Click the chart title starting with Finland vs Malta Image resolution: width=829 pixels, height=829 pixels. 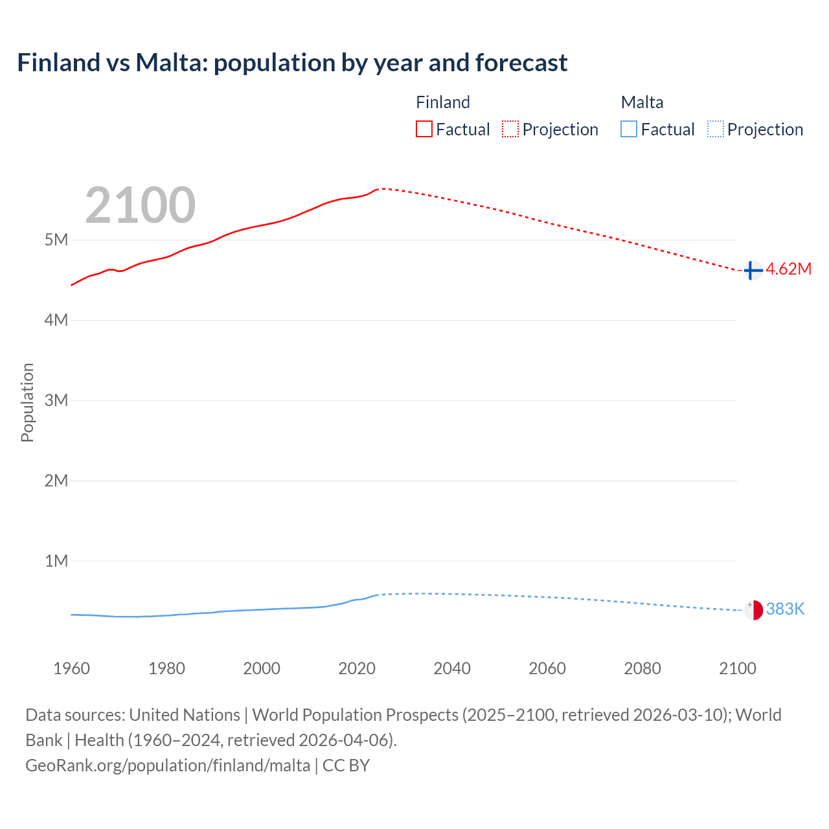click(292, 63)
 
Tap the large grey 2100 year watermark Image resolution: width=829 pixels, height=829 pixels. click(140, 205)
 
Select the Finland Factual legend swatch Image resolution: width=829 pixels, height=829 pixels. click(424, 129)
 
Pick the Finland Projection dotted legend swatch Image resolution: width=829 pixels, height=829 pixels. click(510, 129)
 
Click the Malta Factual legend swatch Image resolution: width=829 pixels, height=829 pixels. click(628, 129)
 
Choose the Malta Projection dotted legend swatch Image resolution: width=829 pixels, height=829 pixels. click(715, 129)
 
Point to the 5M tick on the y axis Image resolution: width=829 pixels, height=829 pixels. click(56, 240)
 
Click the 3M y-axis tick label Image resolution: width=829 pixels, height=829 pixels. click(56, 400)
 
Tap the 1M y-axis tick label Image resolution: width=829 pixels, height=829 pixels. click(56, 561)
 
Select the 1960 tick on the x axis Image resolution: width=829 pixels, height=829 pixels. click(71, 668)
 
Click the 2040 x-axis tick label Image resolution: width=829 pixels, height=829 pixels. click(452, 668)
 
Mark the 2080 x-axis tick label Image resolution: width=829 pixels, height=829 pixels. click(642, 668)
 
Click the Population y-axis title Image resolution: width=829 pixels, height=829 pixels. click(27, 402)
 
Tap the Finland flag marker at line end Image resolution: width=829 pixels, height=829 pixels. click(753, 270)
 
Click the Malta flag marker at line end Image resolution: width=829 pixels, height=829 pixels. click(753, 609)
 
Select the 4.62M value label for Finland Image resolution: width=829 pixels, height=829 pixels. click(788, 269)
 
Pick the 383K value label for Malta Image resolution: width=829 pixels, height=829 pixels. click(785, 609)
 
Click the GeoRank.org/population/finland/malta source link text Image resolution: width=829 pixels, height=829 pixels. click(168, 766)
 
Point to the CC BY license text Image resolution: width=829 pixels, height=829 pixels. click(346, 766)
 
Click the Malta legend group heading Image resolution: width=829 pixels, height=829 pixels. click(642, 102)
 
